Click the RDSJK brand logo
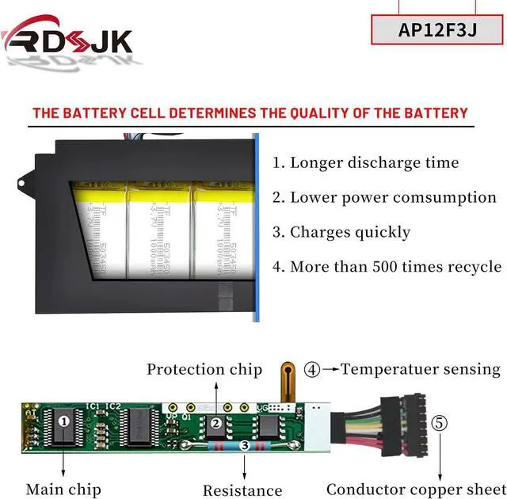click(x=67, y=40)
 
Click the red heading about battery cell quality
click(x=250, y=113)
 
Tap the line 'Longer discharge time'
click(x=366, y=163)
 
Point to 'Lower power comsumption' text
click(x=384, y=197)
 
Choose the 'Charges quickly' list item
click(x=341, y=232)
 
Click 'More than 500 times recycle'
click(x=387, y=266)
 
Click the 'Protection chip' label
click(x=204, y=369)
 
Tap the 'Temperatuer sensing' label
click(x=421, y=369)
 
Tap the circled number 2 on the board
click(x=215, y=423)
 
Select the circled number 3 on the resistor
click(x=245, y=446)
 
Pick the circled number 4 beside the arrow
click(x=312, y=369)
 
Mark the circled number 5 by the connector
click(x=440, y=422)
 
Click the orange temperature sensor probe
click(x=288, y=380)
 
